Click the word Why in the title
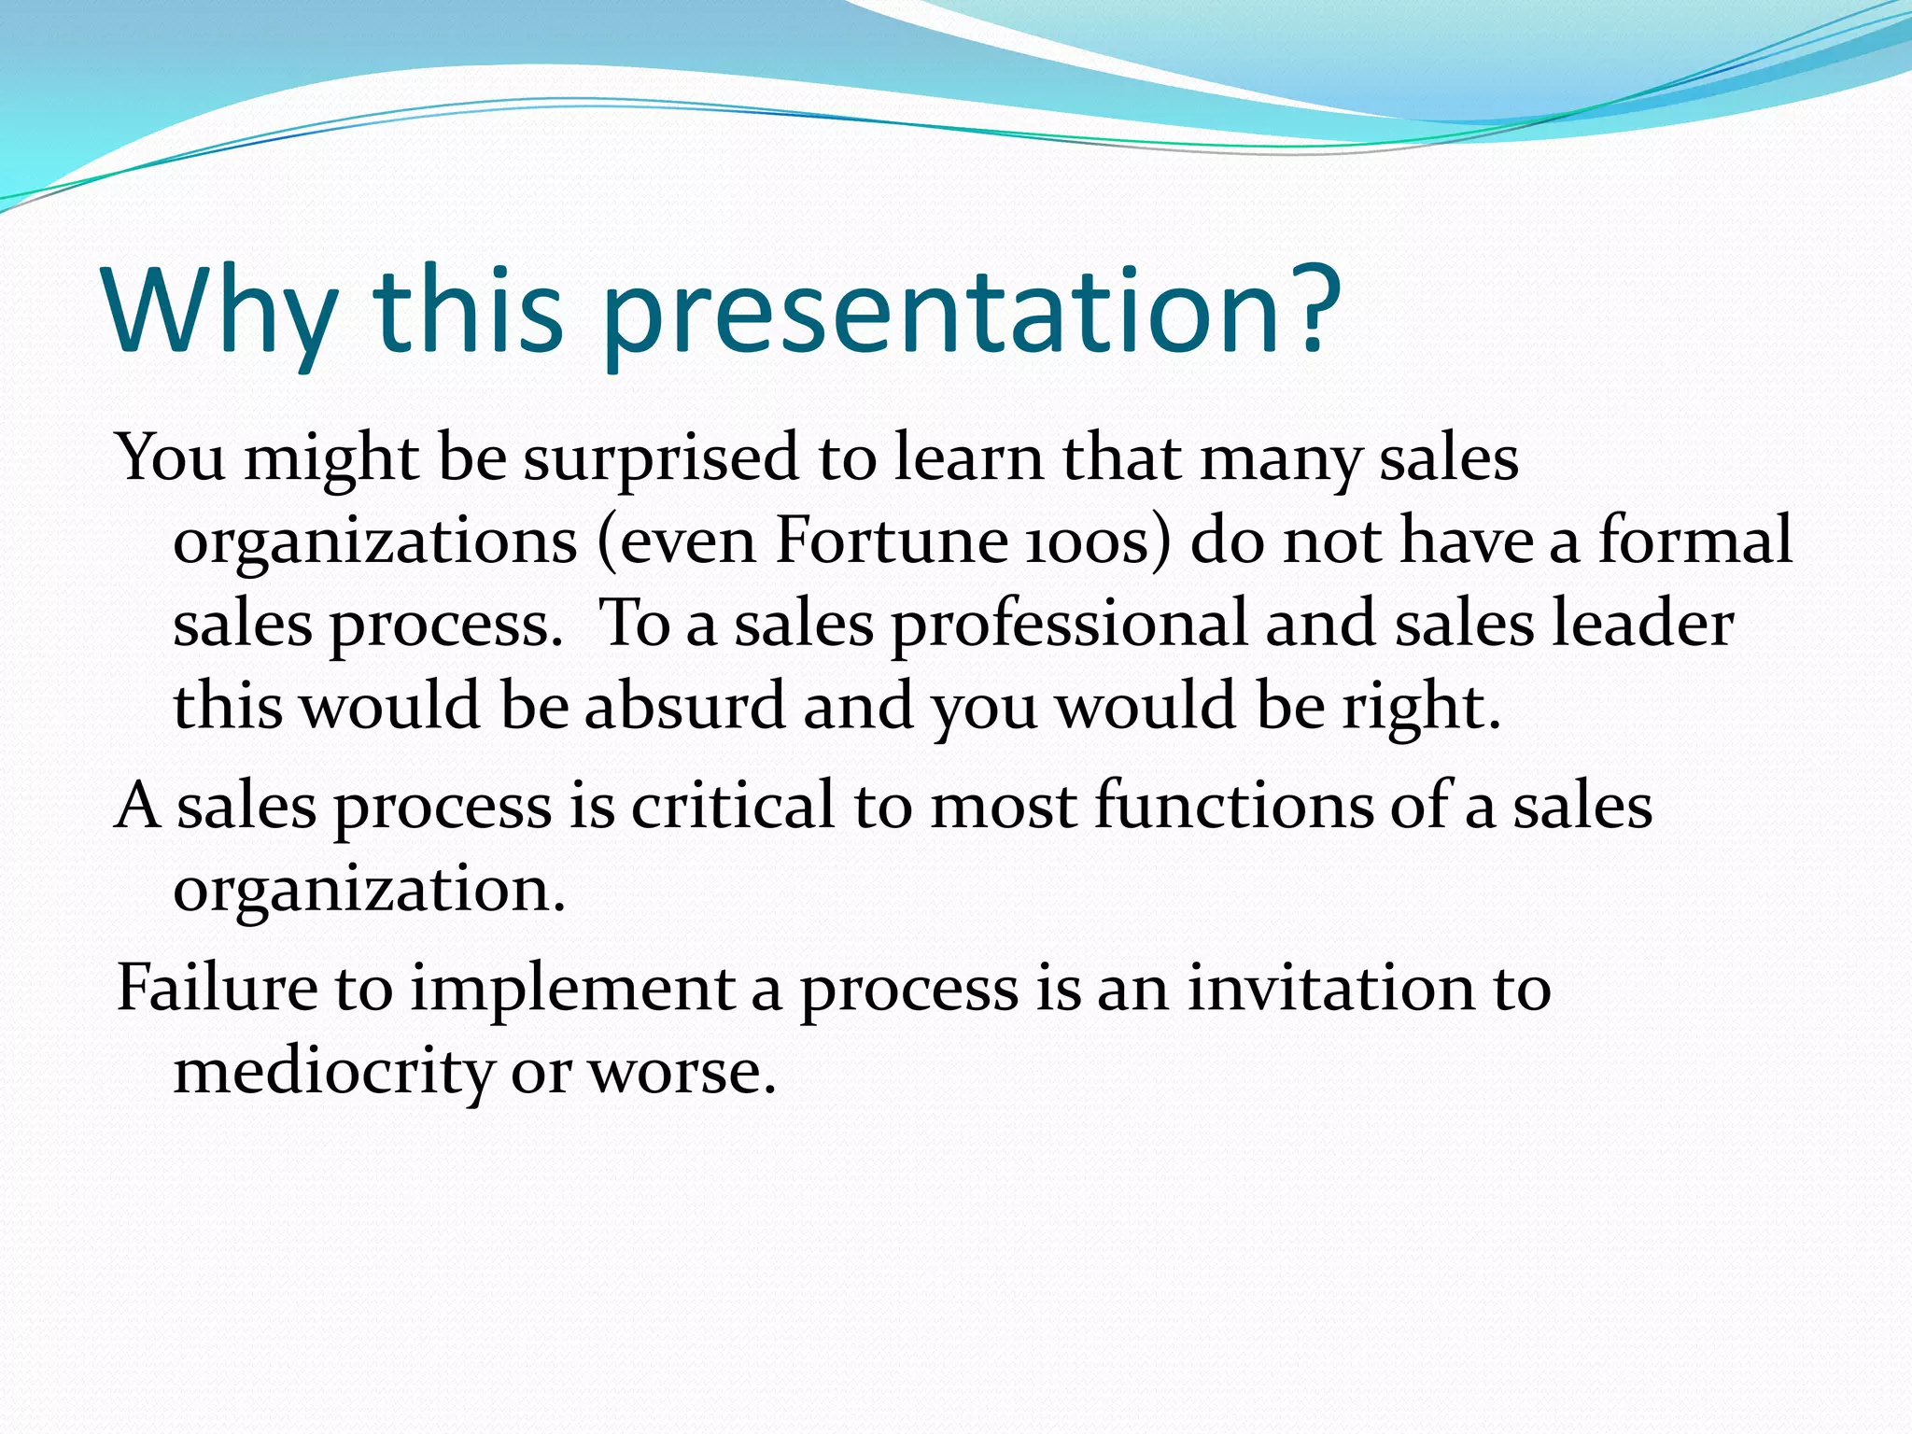pyautogui.click(x=220, y=310)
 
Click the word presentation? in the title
pyautogui.click(x=971, y=310)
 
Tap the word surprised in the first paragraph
pyautogui.click(x=661, y=459)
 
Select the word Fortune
pyautogui.click(x=891, y=541)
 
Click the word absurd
pyautogui.click(x=684, y=706)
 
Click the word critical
pyautogui.click(x=733, y=806)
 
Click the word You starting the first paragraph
pyautogui.click(x=171, y=459)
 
